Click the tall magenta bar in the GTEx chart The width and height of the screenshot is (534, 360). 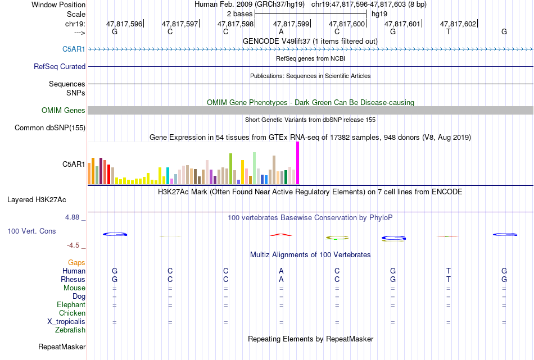(x=298, y=163)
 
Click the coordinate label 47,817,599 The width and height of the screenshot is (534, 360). (x=291, y=24)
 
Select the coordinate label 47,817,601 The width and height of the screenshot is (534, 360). (x=402, y=24)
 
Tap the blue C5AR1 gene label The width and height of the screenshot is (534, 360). (x=74, y=49)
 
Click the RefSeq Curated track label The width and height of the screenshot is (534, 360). (x=60, y=67)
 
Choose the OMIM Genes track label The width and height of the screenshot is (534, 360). (x=64, y=110)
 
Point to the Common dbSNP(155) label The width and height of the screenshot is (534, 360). (x=50, y=128)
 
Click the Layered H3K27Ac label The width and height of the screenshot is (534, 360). (x=37, y=200)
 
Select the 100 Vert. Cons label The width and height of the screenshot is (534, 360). (x=31, y=231)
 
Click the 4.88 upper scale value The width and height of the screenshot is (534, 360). (x=72, y=217)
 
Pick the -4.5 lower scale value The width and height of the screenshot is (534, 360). (x=73, y=245)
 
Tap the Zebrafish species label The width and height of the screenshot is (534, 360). (x=70, y=330)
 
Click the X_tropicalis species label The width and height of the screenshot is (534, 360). (x=66, y=322)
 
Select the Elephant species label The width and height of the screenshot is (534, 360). (x=71, y=305)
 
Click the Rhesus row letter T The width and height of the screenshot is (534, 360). (x=449, y=279)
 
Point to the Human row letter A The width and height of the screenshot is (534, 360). (x=281, y=271)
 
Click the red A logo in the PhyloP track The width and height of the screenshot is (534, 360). (x=281, y=234)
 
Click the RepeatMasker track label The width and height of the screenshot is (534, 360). (x=62, y=347)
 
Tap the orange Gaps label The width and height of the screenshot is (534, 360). (x=76, y=263)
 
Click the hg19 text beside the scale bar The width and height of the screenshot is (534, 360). (x=379, y=14)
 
